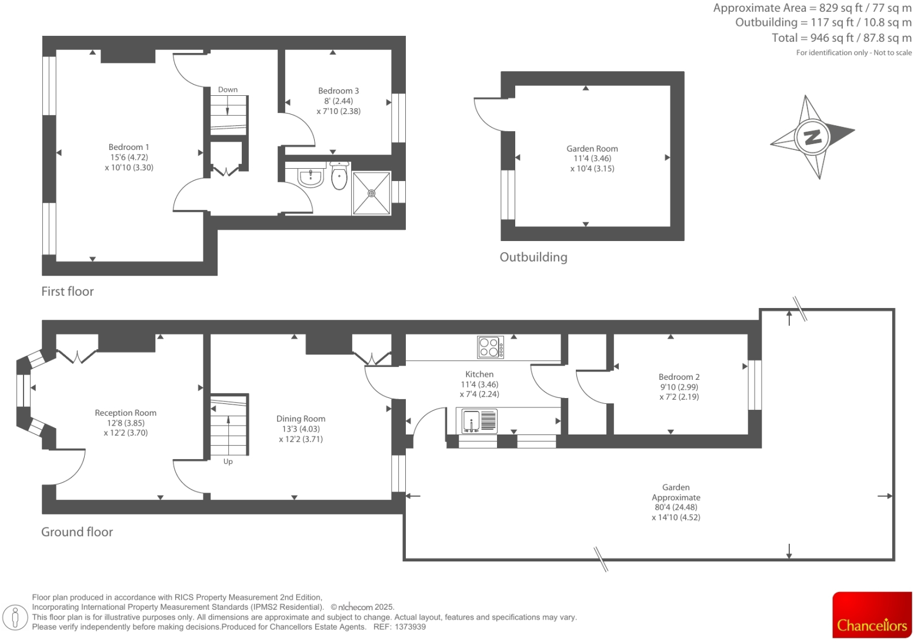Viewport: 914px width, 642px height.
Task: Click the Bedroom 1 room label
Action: [129, 147]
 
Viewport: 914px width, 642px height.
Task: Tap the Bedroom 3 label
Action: [338, 91]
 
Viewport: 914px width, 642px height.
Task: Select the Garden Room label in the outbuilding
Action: [592, 149]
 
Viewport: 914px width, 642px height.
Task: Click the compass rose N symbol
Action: [812, 137]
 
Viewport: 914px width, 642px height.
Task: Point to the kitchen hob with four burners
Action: [490, 347]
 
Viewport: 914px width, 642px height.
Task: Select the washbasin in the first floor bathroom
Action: [311, 177]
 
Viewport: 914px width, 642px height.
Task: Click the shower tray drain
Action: [372, 193]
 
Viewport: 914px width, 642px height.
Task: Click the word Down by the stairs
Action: [228, 90]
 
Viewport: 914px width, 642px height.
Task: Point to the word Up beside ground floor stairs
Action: [228, 462]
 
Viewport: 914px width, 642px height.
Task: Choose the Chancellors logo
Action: [872, 615]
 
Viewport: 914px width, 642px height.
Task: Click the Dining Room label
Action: [301, 419]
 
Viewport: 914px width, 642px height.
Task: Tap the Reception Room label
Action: [125, 413]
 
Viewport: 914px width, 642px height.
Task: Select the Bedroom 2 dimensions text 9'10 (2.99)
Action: [679, 387]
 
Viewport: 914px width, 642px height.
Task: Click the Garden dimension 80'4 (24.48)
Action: [676, 507]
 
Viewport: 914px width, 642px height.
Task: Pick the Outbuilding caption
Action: [533, 257]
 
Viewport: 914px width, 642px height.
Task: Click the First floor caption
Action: [68, 291]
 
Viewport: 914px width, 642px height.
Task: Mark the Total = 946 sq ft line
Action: [841, 38]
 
